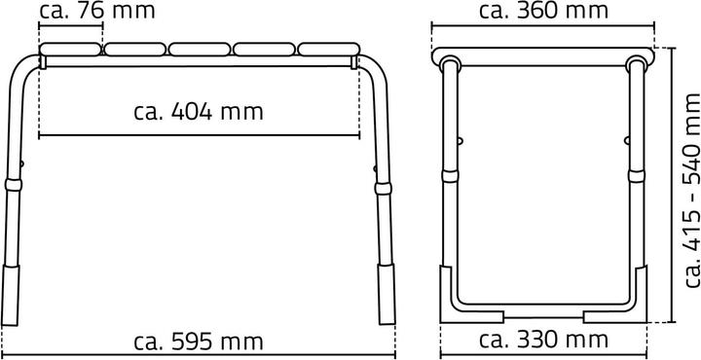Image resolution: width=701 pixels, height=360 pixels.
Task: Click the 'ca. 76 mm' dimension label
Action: tap(97, 11)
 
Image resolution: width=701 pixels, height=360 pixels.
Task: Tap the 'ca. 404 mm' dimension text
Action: tap(199, 112)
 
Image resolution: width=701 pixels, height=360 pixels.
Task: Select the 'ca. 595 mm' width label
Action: tap(199, 342)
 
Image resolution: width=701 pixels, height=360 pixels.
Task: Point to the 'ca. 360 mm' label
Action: tap(543, 11)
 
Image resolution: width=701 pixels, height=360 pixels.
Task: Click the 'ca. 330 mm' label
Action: tap(543, 341)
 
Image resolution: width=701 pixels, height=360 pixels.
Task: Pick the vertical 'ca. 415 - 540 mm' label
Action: tap(692, 191)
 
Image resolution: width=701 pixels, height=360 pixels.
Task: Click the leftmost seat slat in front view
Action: tap(71, 49)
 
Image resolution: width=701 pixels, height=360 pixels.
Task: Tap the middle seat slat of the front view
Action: tap(200, 49)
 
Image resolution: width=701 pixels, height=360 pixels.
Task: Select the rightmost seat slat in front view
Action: tap(329, 49)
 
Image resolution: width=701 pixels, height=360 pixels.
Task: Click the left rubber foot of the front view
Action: tap(11, 295)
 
